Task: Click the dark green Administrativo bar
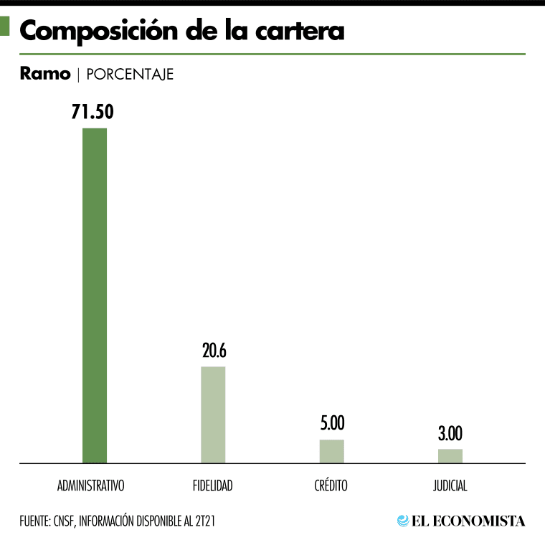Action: [95, 295]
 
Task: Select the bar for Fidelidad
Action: [213, 414]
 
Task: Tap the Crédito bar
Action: [332, 451]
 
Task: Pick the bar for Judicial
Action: [450, 456]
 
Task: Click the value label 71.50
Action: [93, 112]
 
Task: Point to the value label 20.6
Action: [213, 351]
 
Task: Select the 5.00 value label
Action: [332, 423]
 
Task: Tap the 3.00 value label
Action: [450, 433]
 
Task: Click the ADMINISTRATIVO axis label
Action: [91, 485]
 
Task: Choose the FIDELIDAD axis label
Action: [213, 485]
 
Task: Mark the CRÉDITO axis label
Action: [331, 485]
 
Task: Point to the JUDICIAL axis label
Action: [450, 485]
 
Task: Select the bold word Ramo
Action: [45, 74]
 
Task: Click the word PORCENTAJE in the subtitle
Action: [130, 74]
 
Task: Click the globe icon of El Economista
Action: [403, 521]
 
